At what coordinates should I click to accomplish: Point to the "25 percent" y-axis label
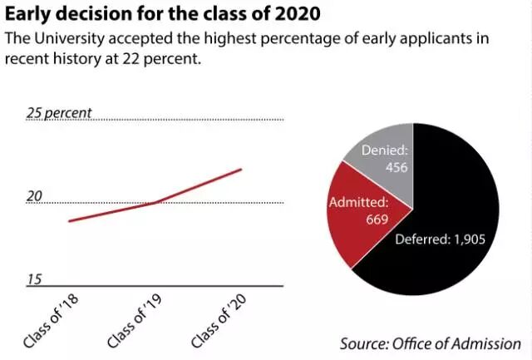(x=58, y=113)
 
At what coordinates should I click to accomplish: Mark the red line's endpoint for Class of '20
(x=241, y=170)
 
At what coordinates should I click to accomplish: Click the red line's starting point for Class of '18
(x=69, y=221)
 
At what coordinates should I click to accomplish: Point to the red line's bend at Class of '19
(x=155, y=203)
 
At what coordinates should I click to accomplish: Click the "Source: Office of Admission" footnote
(x=430, y=343)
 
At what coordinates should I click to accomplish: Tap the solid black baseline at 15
(x=158, y=286)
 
